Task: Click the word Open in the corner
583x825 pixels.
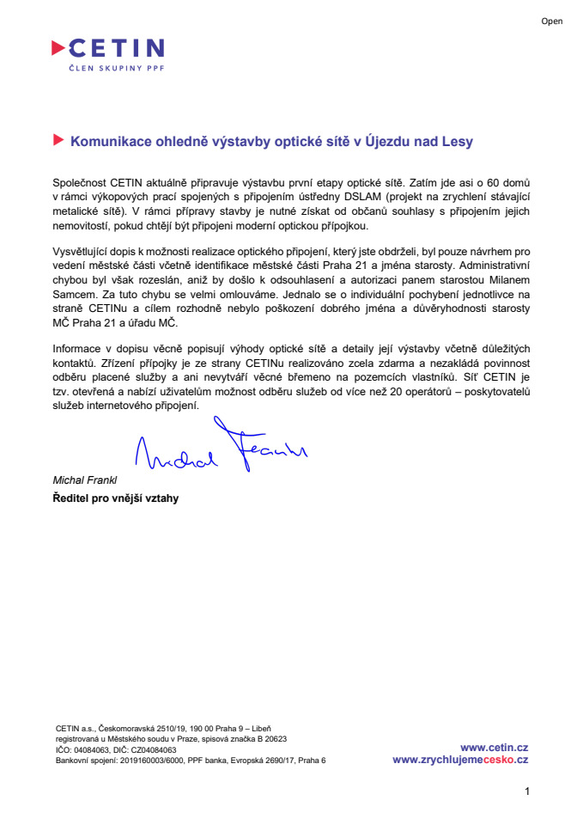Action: tap(551, 21)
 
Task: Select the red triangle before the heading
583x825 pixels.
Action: tap(58, 139)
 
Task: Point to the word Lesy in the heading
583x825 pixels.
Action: tap(457, 141)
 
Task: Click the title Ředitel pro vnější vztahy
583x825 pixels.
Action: tap(115, 497)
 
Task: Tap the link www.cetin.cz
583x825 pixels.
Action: tap(494, 748)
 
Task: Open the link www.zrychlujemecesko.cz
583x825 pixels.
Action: tap(460, 760)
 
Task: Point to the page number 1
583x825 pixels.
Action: tap(527, 791)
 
